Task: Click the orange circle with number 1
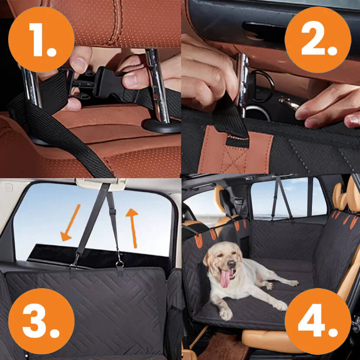(41, 40)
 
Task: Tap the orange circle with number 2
(318, 40)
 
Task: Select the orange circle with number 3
(41, 321)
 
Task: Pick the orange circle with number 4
(318, 321)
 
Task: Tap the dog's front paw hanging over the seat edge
(226, 313)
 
